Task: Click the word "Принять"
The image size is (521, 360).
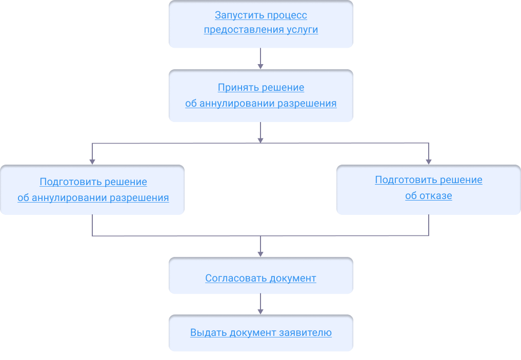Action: [238, 88]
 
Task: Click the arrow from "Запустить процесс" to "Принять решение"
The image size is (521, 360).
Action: [260, 58]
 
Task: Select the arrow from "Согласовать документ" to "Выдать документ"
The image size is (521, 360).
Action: [260, 304]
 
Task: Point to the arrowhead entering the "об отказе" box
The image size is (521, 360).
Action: [429, 161]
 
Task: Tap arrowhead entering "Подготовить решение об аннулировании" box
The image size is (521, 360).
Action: [92, 161]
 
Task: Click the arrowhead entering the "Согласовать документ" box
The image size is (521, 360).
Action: [260, 253]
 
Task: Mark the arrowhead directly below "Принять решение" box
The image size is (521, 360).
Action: [260, 139]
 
